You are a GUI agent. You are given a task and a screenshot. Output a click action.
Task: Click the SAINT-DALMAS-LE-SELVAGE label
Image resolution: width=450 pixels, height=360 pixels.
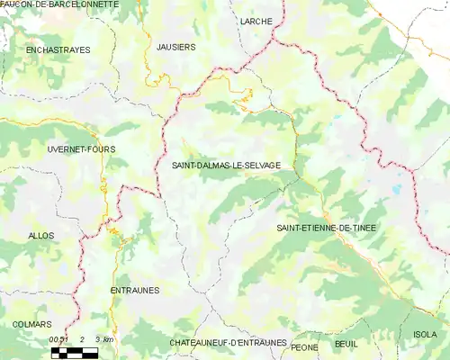[x=226, y=166]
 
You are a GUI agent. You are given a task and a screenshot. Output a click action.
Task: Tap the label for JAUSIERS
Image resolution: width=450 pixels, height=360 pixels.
[x=175, y=46]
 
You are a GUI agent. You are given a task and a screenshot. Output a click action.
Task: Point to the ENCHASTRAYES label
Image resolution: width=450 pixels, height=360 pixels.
[x=58, y=50]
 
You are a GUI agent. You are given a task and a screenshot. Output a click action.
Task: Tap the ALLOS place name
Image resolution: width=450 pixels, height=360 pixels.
[x=41, y=236]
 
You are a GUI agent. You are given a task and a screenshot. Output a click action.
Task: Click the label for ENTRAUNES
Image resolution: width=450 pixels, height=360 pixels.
[x=134, y=291]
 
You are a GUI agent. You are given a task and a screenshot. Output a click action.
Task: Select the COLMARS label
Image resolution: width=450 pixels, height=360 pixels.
[x=31, y=324]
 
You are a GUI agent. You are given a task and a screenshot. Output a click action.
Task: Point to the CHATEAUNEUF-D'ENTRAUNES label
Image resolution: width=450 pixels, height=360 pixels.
[x=228, y=343]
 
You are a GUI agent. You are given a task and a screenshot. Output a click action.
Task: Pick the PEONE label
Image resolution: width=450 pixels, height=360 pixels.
[x=305, y=346]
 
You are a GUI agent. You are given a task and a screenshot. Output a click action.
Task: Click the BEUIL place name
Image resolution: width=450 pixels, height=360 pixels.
[x=345, y=345]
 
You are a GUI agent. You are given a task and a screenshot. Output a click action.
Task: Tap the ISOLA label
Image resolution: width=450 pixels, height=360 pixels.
[x=424, y=335]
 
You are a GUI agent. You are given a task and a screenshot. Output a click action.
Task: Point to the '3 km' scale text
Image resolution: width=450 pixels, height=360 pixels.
[x=105, y=339]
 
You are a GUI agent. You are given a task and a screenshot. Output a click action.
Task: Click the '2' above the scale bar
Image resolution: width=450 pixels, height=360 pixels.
[x=82, y=339]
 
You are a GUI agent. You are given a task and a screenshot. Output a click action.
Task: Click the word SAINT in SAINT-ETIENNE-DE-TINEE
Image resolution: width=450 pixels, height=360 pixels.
[x=293, y=228]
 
